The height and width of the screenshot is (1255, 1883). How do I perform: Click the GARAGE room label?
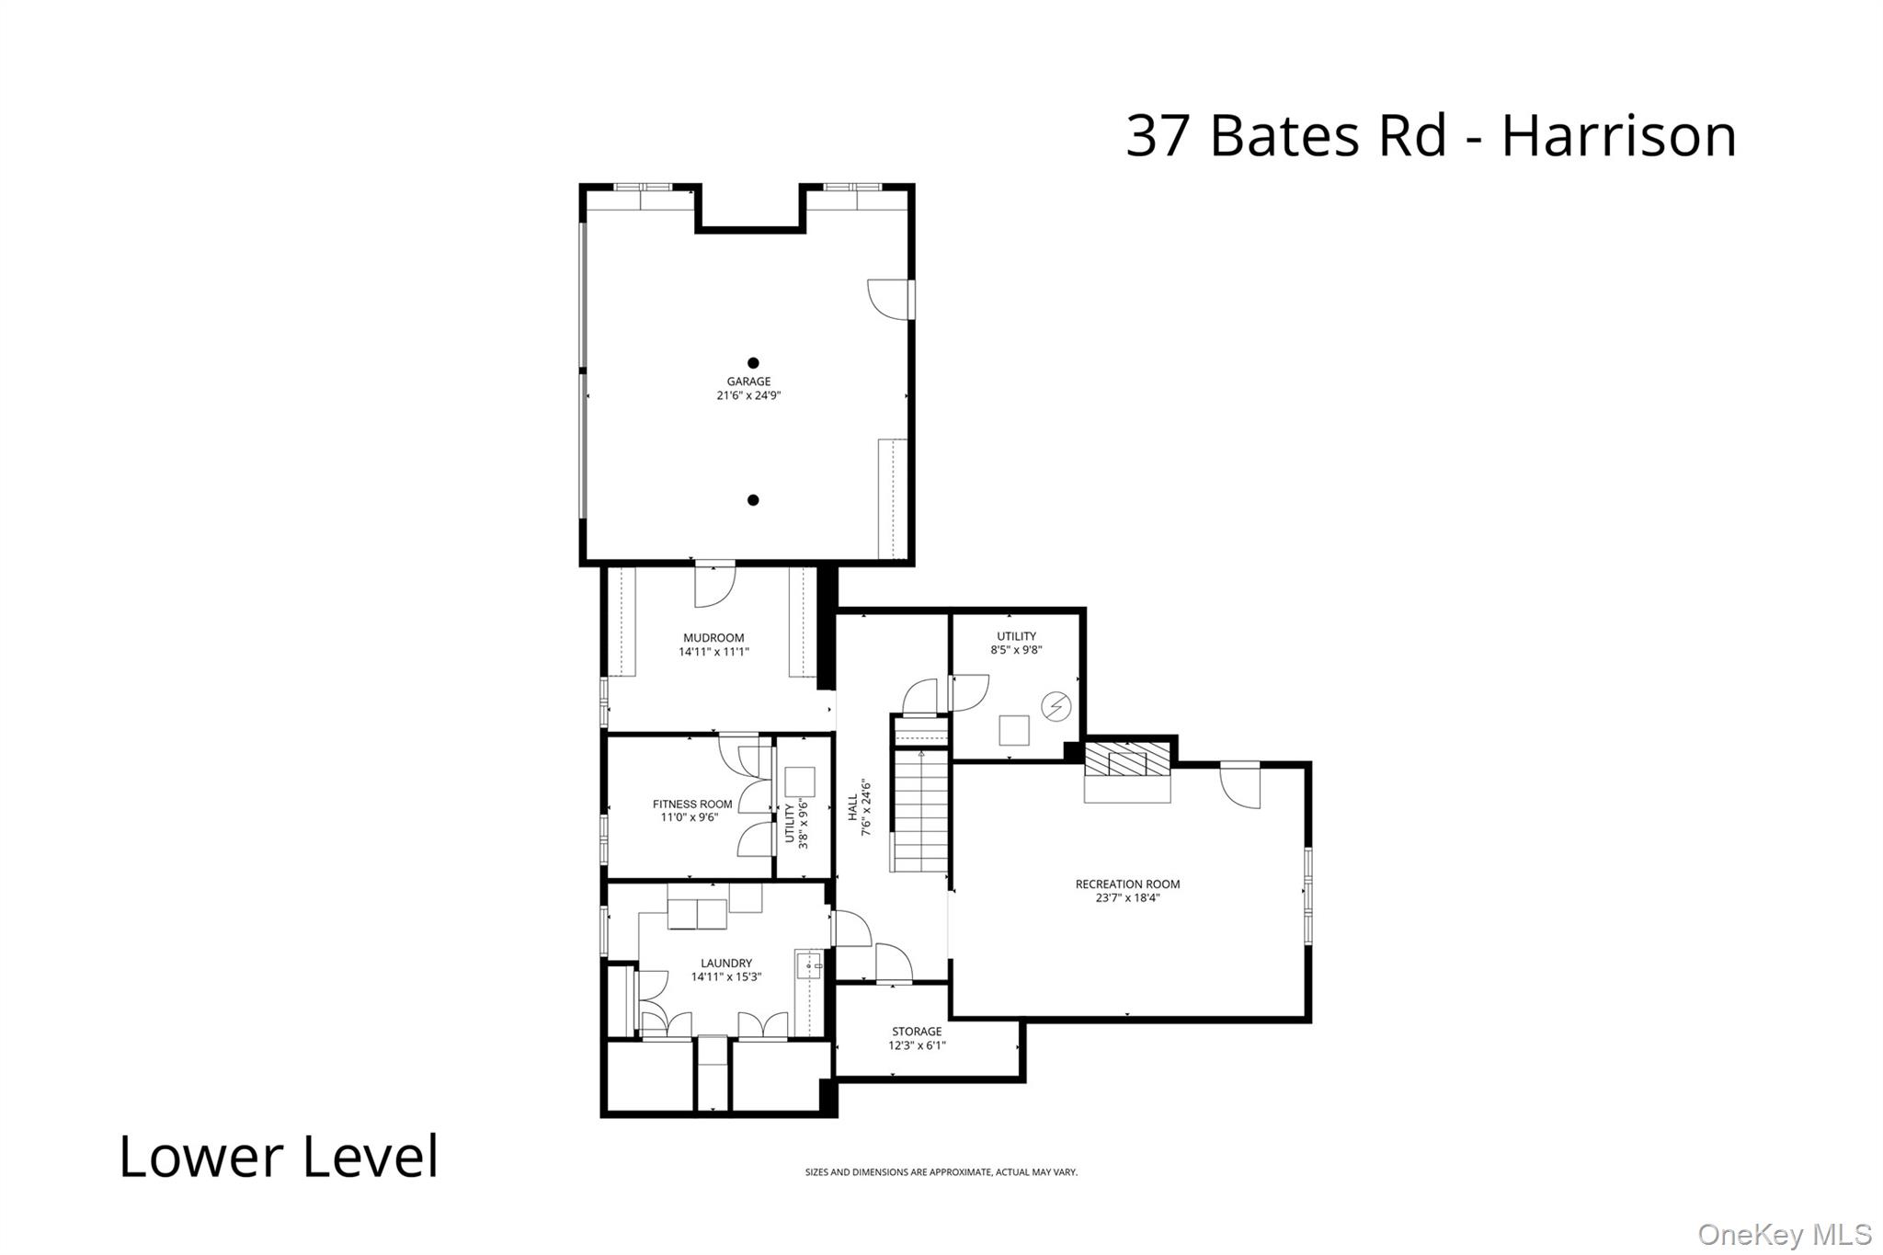(x=748, y=382)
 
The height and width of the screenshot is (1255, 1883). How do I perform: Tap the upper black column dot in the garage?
(x=753, y=363)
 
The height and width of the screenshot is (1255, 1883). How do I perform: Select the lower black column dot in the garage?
(x=753, y=500)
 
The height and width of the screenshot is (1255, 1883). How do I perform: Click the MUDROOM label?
(x=713, y=638)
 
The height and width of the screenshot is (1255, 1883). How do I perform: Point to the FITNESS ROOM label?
(x=692, y=804)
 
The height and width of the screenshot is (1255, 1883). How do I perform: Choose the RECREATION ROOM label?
(x=1127, y=884)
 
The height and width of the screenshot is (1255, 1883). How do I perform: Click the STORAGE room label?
(x=917, y=1032)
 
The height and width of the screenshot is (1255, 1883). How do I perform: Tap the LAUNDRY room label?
(x=726, y=964)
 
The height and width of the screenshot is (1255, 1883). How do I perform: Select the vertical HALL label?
(x=853, y=807)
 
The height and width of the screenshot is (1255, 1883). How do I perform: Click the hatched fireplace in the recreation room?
(x=1127, y=760)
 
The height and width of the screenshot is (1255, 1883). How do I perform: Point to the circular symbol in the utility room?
(x=1056, y=706)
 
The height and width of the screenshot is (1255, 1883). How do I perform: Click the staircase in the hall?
(x=921, y=809)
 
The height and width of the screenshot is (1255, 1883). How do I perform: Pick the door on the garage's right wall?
(x=890, y=299)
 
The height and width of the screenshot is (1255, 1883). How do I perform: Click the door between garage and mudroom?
(x=714, y=585)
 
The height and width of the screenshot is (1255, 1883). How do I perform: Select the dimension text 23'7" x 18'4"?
(x=1127, y=898)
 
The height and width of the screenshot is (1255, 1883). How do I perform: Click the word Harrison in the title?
(x=1618, y=136)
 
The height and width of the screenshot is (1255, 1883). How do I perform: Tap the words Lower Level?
(x=279, y=1157)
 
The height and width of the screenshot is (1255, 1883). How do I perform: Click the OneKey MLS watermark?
(x=1784, y=1234)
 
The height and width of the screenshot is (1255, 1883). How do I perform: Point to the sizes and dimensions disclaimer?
(x=941, y=1172)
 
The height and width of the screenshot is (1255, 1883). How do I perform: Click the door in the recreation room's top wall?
(x=1240, y=784)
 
